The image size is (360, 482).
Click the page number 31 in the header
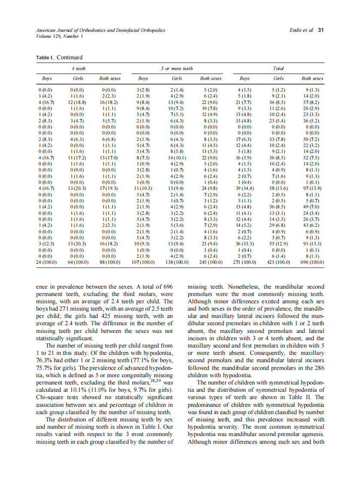(320, 30)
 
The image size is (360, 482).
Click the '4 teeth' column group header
(78, 68)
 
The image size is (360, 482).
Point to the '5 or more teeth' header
(177, 68)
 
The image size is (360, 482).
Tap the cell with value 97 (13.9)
(312, 188)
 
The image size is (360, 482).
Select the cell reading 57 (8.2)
(312, 103)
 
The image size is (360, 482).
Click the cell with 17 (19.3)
(110, 188)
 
